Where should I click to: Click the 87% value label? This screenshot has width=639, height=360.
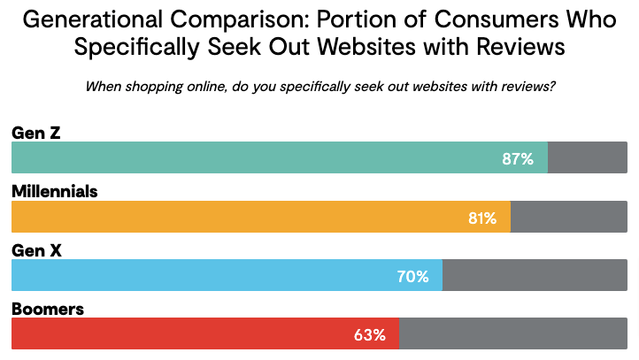point(517,159)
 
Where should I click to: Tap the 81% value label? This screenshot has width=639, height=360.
point(482,218)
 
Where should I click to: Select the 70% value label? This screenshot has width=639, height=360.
point(412,276)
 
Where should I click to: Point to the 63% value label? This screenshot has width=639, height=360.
point(369,334)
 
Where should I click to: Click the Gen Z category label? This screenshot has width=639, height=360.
point(35,133)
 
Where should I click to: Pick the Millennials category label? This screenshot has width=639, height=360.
point(54,191)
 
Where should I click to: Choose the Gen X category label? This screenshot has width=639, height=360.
point(36,249)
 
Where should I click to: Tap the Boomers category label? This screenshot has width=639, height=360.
point(47,308)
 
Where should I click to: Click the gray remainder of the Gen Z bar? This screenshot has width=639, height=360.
point(588,159)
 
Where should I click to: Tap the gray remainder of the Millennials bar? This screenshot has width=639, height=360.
point(569,218)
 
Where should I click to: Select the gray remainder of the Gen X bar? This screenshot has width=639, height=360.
point(535,276)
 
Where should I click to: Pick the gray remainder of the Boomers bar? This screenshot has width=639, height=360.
point(513,334)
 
